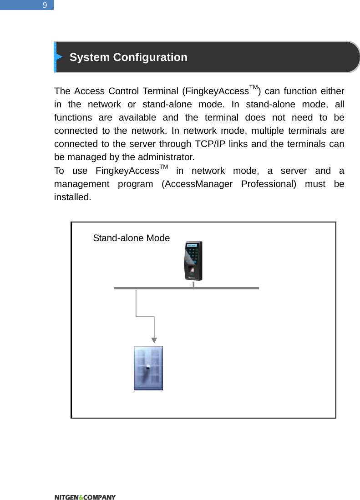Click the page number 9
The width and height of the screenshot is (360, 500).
coord(45,5)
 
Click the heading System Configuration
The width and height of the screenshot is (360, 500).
coord(128,57)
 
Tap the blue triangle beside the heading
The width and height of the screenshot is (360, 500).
coord(59,57)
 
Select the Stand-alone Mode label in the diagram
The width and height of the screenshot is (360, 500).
coord(131,238)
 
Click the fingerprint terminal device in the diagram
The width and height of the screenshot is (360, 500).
coord(193,261)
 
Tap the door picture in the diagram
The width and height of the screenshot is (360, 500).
coord(148,368)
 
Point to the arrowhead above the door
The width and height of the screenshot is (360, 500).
coord(155,339)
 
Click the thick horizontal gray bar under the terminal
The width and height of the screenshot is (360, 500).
coord(186,288)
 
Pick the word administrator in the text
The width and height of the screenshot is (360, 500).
coord(167,158)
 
